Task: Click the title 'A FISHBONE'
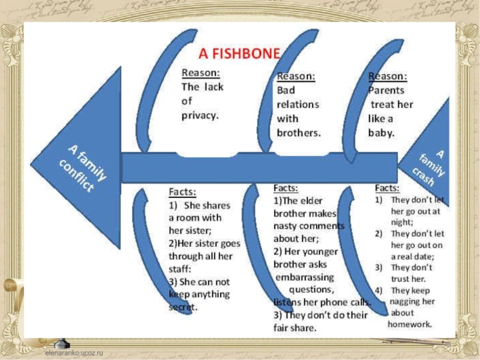click(239, 54)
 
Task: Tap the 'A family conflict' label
click(85, 169)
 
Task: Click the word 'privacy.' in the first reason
click(200, 115)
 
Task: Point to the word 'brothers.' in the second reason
click(298, 133)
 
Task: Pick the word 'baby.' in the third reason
click(382, 133)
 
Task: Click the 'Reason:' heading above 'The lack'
click(200, 73)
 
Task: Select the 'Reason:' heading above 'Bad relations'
click(296, 77)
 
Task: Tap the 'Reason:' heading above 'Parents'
click(387, 77)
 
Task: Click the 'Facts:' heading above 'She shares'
click(182, 192)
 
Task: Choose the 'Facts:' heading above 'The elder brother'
click(287, 188)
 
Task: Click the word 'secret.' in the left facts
click(184, 307)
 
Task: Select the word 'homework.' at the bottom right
click(410, 324)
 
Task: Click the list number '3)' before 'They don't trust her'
click(379, 268)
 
